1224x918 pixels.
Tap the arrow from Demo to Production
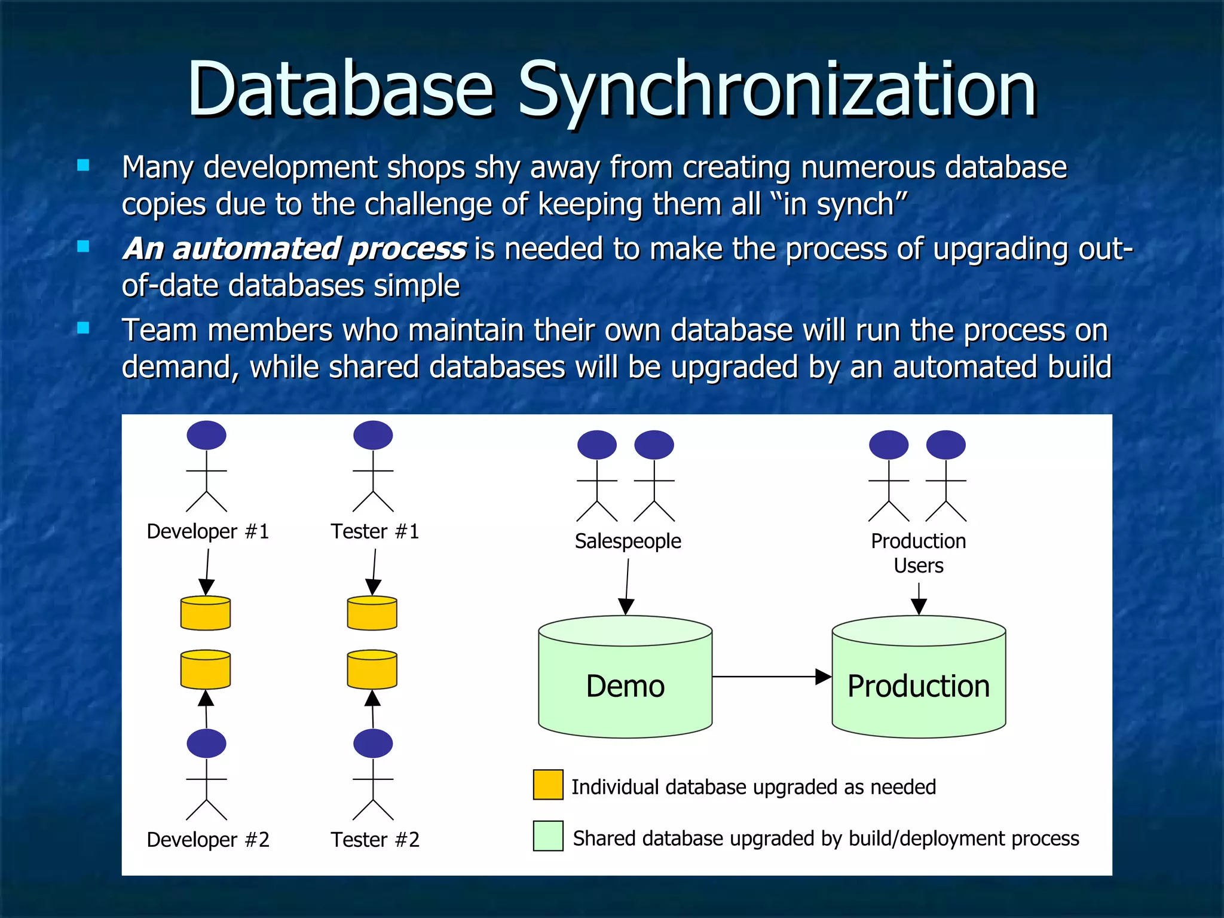tap(771, 677)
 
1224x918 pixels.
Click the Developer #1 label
tap(208, 531)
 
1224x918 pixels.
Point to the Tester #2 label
tap(375, 840)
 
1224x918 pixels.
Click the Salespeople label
tap(628, 541)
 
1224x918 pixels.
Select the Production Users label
tap(918, 553)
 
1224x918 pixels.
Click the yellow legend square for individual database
tap(548, 785)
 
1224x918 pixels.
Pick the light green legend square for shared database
tap(548, 836)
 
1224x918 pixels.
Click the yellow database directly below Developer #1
tap(206, 613)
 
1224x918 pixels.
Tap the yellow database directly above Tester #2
tap(372, 669)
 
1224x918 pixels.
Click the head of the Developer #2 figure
tap(206, 743)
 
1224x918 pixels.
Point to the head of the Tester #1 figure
tap(373, 435)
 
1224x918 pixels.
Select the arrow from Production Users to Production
tap(919, 599)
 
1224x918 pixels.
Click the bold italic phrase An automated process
tap(295, 249)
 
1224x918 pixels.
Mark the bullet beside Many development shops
tap(84, 166)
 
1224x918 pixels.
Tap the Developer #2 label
tap(208, 840)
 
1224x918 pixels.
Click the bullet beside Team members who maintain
tap(84, 328)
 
